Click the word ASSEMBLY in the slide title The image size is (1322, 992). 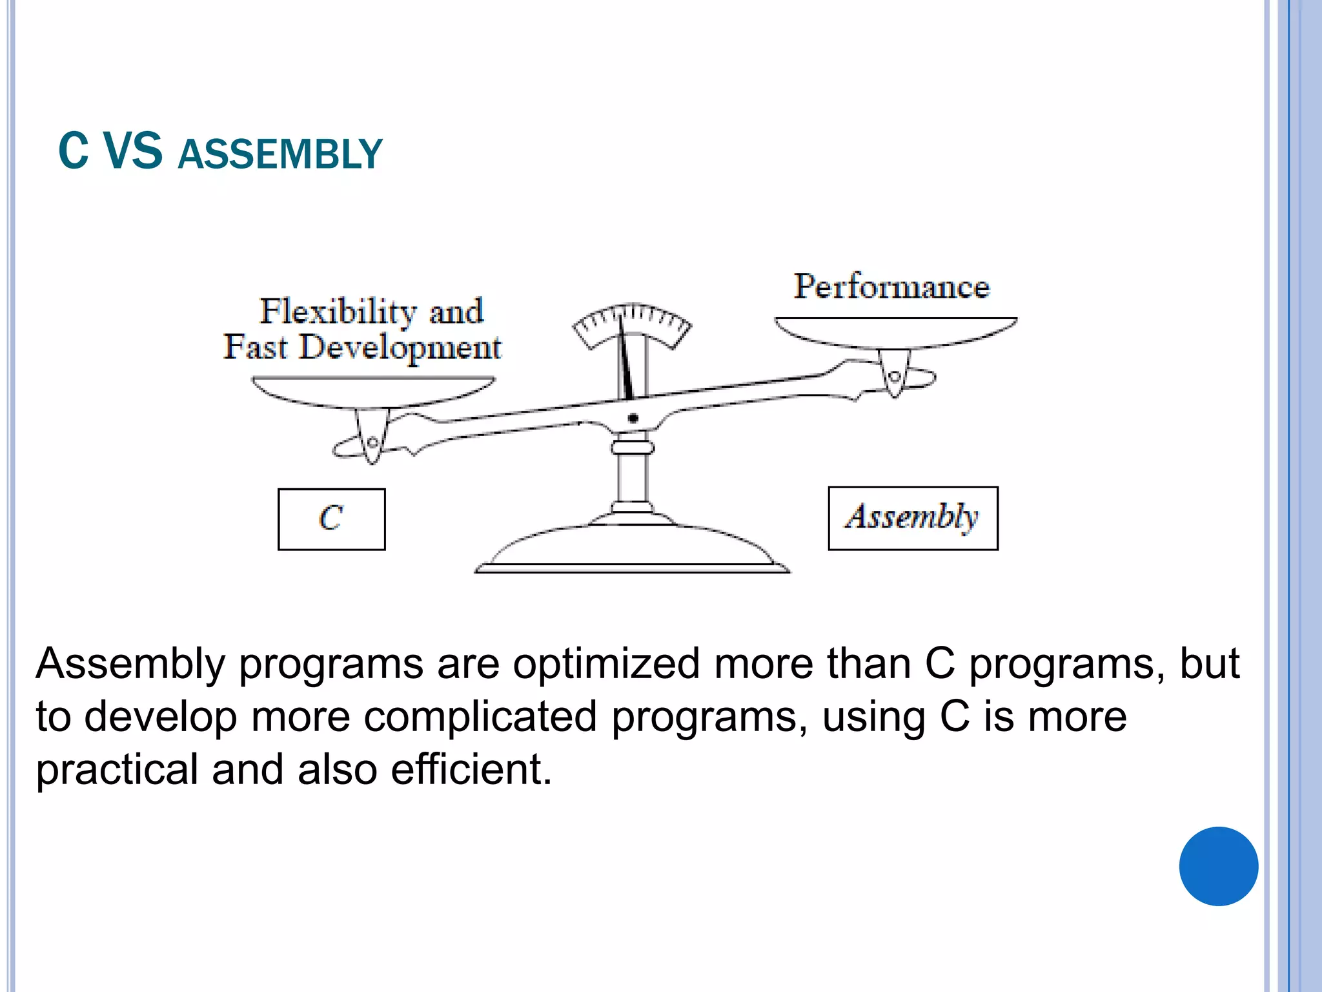[x=280, y=154]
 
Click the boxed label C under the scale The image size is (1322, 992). [x=331, y=519]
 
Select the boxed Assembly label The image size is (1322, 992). [x=913, y=518]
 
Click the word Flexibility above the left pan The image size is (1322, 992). [x=336, y=311]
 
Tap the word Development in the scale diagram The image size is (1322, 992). [x=400, y=347]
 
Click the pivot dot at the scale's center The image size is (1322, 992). [x=633, y=418]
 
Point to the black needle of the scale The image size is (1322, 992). [x=624, y=362]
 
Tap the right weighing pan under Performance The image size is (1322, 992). [x=895, y=333]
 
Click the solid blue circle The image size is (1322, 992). [x=1218, y=866]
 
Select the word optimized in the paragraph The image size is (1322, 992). [x=606, y=663]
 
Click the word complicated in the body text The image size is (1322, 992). [x=480, y=716]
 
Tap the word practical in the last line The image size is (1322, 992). [x=117, y=770]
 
